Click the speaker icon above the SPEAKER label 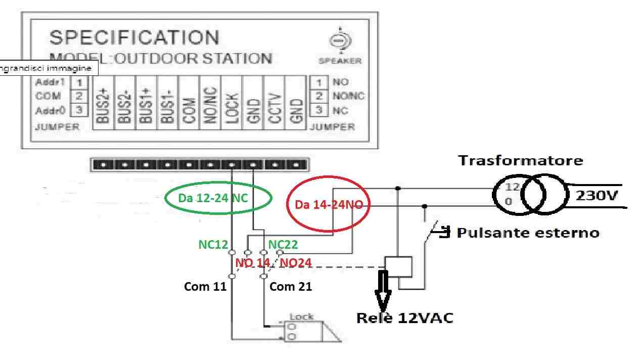pyautogui.click(x=341, y=40)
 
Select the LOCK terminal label pyautogui.click(x=232, y=105)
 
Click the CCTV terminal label pyautogui.click(x=275, y=105)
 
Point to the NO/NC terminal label pyautogui.click(x=211, y=105)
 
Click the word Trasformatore pyautogui.click(x=520, y=161)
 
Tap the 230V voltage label pyautogui.click(x=597, y=195)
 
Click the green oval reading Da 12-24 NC pyautogui.click(x=218, y=197)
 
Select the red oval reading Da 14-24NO pyautogui.click(x=329, y=205)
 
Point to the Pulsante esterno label pyautogui.click(x=528, y=233)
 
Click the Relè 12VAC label pyautogui.click(x=405, y=318)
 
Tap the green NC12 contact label pyautogui.click(x=212, y=245)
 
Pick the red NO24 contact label pyautogui.click(x=296, y=262)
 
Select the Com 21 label pyautogui.click(x=291, y=287)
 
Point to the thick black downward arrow pyautogui.click(x=383, y=290)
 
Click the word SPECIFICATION pyautogui.click(x=134, y=38)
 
